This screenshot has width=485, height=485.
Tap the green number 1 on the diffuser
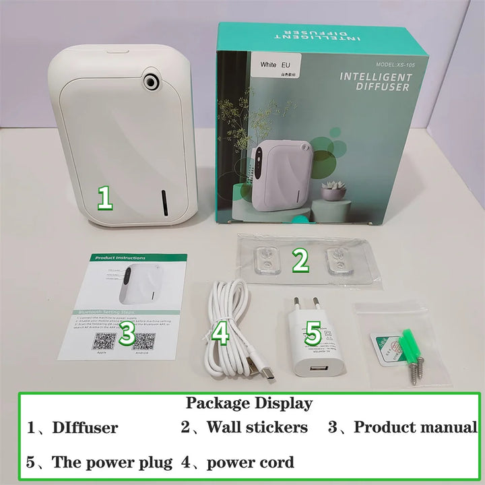pos(104,198)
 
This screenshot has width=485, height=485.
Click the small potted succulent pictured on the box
pos(333,191)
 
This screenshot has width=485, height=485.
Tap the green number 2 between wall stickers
pos(300,260)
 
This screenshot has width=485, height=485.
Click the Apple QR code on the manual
pos(102,339)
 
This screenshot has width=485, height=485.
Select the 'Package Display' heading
pos(249,403)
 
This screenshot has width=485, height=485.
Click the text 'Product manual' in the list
pos(416,427)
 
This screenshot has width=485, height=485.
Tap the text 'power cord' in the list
pos(251,462)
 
